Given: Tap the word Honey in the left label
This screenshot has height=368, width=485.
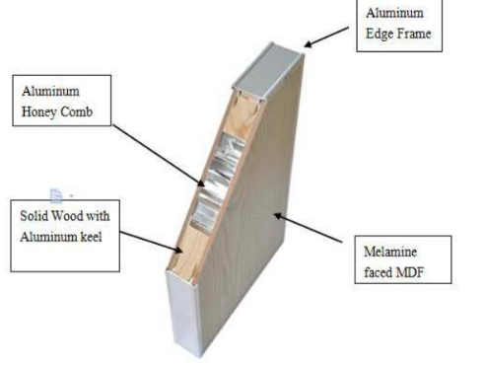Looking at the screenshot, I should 39,111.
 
